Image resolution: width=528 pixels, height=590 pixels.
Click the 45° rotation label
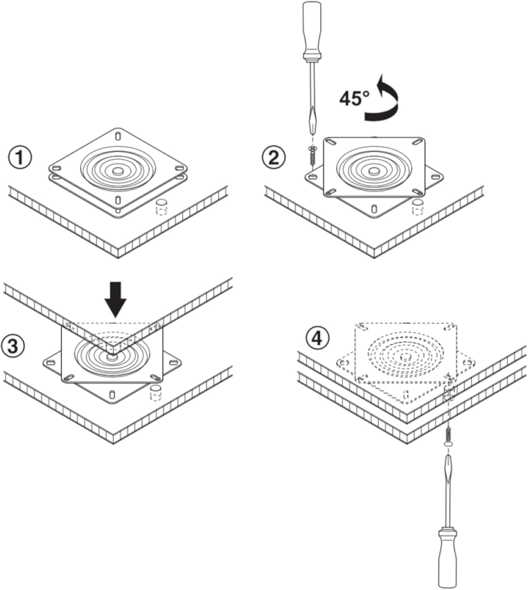coord(355,98)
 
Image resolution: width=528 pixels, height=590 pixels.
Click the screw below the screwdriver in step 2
coord(313,157)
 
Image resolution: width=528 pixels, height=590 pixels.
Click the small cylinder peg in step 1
coord(161,206)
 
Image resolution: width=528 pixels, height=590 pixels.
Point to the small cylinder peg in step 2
coord(418,206)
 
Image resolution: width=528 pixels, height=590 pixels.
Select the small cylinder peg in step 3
coord(156,393)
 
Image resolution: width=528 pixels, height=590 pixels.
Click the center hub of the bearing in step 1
coord(118,171)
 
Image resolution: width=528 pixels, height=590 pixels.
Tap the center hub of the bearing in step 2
coord(374,171)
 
